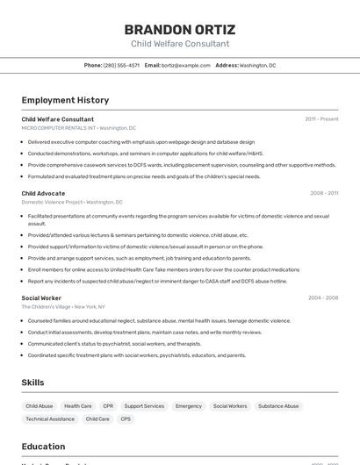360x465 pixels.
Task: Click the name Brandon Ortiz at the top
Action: pos(180,30)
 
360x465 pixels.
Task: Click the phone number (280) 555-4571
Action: pos(121,65)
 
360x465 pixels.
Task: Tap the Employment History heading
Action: pos(65,100)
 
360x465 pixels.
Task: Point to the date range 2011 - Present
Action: pos(321,118)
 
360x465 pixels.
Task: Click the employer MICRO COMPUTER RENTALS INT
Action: pos(58,128)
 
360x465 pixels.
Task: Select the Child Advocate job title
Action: pos(43,193)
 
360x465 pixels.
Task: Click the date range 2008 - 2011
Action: pos(324,193)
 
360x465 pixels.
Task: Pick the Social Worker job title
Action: pos(41,298)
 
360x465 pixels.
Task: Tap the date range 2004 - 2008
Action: pos(323,298)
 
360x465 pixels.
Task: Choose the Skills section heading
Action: pos(32,383)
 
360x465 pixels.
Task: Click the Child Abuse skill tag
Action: pos(40,406)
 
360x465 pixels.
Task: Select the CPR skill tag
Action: pos(108,406)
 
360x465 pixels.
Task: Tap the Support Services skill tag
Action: pos(144,406)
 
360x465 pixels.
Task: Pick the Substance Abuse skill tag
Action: pos(278,406)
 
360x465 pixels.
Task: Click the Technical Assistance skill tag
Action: pos(50,419)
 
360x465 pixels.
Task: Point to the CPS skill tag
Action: pos(126,419)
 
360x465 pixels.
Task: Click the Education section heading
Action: pos(43,447)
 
